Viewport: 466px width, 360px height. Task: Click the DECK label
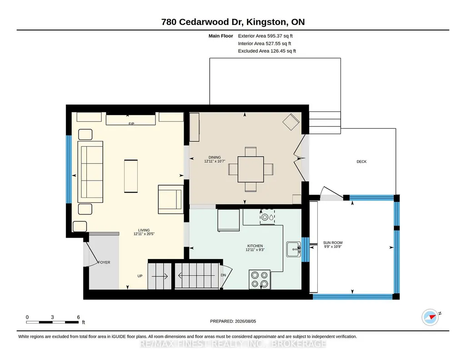[x=361, y=161]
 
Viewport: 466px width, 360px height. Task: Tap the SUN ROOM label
[x=333, y=243]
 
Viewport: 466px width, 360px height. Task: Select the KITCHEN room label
[x=255, y=246]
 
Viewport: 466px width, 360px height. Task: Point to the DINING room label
[x=215, y=157]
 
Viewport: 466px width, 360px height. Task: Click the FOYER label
[x=104, y=262]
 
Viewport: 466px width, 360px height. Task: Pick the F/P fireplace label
[x=131, y=124]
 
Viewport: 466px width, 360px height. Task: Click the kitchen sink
[x=294, y=249]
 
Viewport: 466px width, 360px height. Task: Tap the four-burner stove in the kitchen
[x=260, y=280]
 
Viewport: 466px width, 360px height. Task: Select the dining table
[x=251, y=169]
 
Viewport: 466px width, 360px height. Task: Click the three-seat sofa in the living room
[x=90, y=172]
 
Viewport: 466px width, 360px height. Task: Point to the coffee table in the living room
[x=131, y=176]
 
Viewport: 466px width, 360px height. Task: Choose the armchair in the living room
[x=171, y=199]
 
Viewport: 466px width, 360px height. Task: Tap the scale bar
[x=52, y=322]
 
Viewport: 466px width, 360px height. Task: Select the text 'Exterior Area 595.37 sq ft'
[x=265, y=36]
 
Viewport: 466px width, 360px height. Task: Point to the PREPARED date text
[x=233, y=321]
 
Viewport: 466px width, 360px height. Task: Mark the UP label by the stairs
[x=140, y=276]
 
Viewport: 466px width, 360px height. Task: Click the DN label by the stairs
[x=223, y=275]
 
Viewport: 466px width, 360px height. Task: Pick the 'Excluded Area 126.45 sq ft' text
[x=267, y=51]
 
